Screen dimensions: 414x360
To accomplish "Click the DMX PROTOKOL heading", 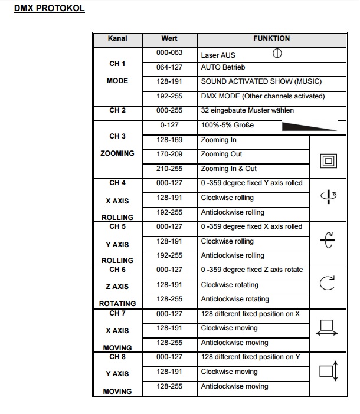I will [x=50, y=10].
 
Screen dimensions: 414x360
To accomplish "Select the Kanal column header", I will [x=117, y=38].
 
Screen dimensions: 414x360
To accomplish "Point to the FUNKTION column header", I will [x=271, y=38].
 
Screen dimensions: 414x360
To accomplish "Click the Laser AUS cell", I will [x=218, y=55].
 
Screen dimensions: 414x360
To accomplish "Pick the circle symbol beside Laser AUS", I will [x=277, y=54].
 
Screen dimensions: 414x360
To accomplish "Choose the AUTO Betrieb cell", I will [x=222, y=68].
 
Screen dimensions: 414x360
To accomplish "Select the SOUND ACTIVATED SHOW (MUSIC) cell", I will [x=261, y=82].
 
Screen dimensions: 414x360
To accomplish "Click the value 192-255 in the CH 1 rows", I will [x=169, y=96].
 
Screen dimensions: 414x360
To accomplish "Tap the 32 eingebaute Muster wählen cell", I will [x=247, y=110].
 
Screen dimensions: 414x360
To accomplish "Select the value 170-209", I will [x=169, y=154].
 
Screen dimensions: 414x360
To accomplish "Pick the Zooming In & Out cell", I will [x=228, y=169].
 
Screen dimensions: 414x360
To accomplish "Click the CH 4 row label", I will [x=117, y=183].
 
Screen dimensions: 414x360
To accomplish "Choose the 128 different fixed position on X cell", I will [x=250, y=314].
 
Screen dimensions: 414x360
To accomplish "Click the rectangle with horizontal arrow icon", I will [x=328, y=328].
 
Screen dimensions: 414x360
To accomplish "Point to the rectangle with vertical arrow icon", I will [x=328, y=371].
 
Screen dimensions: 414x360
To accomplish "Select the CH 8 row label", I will [x=117, y=357].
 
